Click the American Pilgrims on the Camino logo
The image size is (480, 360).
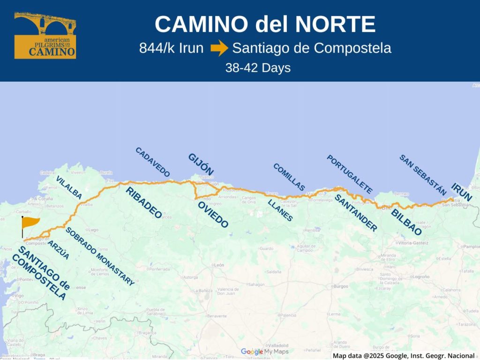[x=45, y=36]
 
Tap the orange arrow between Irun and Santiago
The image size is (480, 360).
[x=218, y=48]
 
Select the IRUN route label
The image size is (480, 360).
[x=462, y=192]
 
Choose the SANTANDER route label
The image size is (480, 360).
[x=355, y=213]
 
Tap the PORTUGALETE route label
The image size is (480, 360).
[x=350, y=174]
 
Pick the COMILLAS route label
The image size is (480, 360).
[x=289, y=177]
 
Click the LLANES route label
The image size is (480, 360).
[x=280, y=210]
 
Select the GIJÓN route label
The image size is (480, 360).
[x=201, y=165]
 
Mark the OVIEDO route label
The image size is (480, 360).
[x=213, y=215]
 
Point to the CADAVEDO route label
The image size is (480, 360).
[x=152, y=162]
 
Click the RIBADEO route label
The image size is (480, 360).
[x=143, y=202]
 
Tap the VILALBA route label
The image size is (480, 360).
[x=69, y=187]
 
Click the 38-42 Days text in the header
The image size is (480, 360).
[x=258, y=68]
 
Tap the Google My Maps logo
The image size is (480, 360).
[x=264, y=352]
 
